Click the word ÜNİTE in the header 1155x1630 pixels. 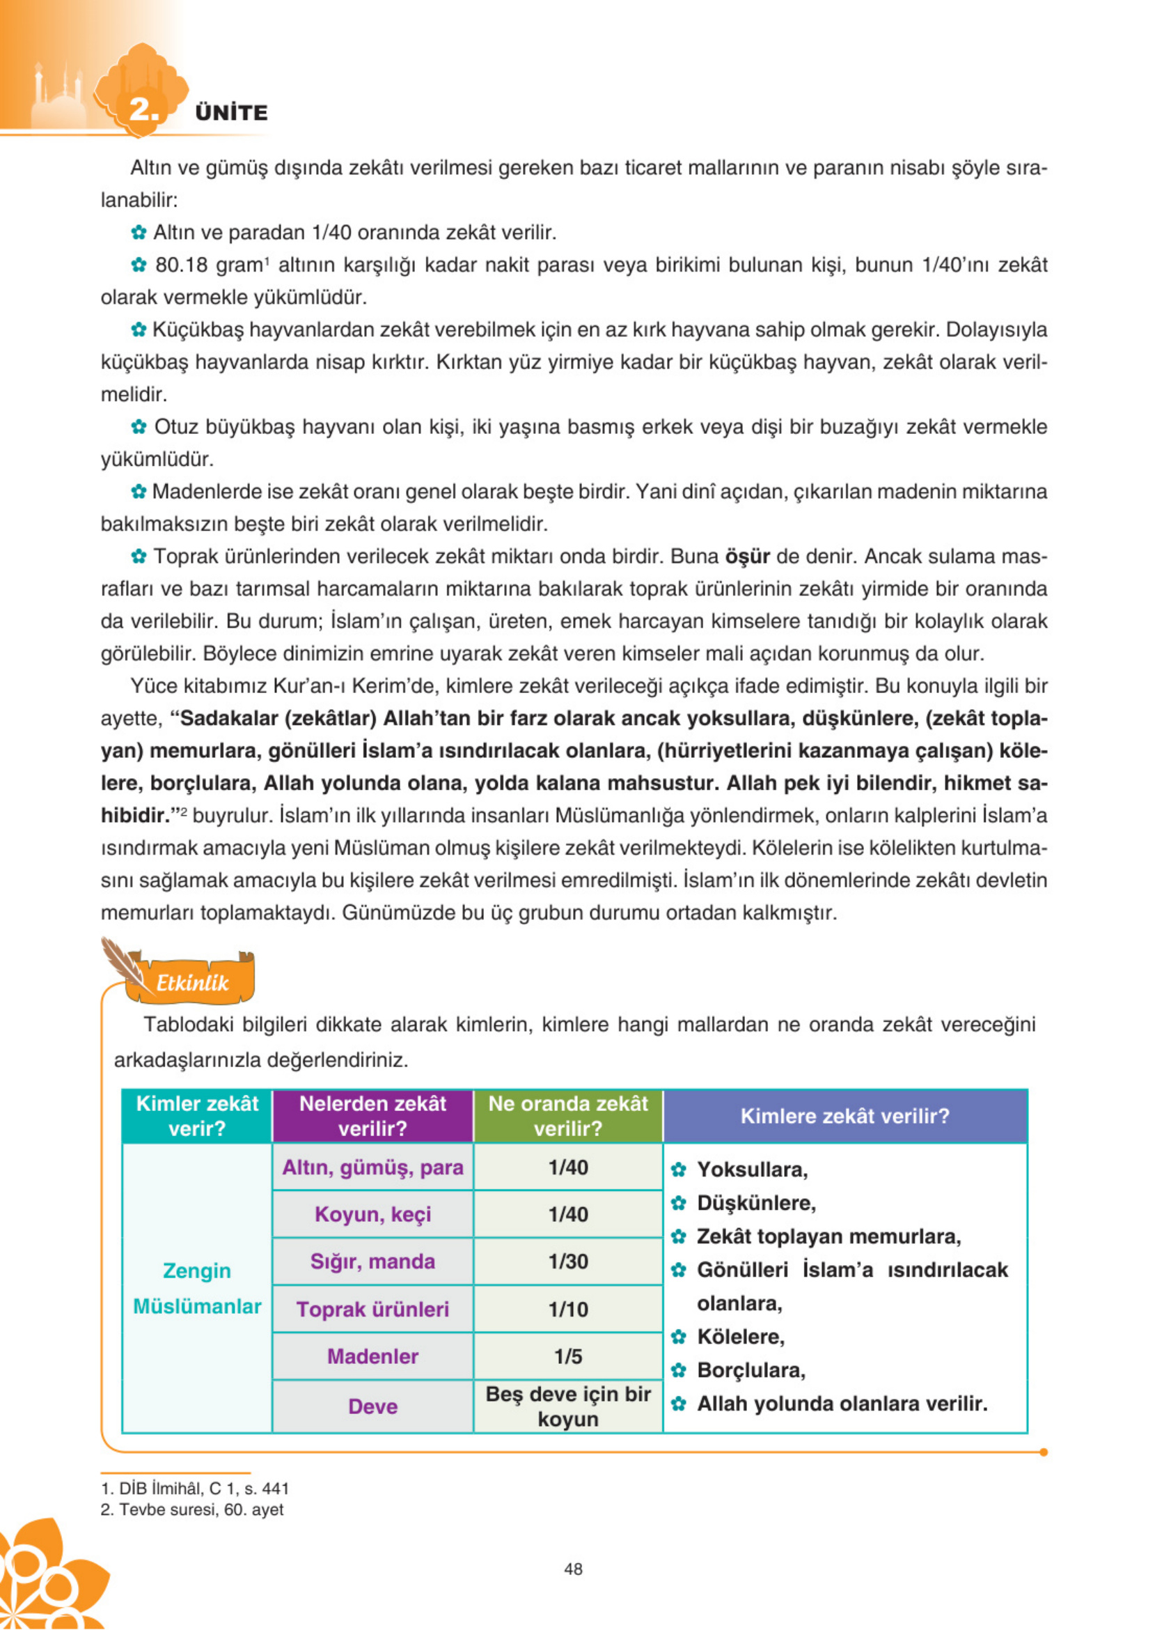click(x=231, y=112)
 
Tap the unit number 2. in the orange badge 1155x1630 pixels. click(x=143, y=109)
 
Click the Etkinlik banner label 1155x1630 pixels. click(x=192, y=984)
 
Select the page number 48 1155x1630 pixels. click(x=573, y=1569)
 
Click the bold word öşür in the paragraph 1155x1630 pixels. click(x=747, y=557)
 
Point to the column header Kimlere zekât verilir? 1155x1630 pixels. click(x=845, y=1116)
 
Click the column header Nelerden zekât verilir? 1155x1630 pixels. click(x=372, y=1116)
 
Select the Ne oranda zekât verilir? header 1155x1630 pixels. click(x=567, y=1116)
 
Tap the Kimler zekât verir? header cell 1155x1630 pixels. click(x=197, y=1116)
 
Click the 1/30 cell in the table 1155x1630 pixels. click(x=567, y=1262)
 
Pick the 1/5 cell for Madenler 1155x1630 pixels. click(x=567, y=1356)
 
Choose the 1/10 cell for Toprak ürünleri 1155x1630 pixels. click(x=567, y=1309)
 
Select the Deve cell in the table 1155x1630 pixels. click(x=372, y=1406)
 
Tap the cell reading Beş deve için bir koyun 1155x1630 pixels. click(x=567, y=1406)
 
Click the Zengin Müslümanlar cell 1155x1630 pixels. click(x=197, y=1289)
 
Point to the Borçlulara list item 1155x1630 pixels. click(x=751, y=1370)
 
